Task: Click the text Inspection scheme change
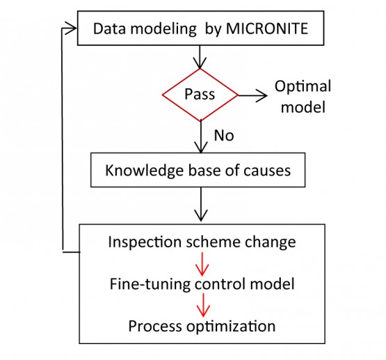tap(201, 242)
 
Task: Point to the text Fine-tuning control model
tap(201, 283)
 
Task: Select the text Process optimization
tap(201, 325)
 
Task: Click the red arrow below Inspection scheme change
tap(201, 263)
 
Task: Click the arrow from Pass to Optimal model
tap(252, 93)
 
